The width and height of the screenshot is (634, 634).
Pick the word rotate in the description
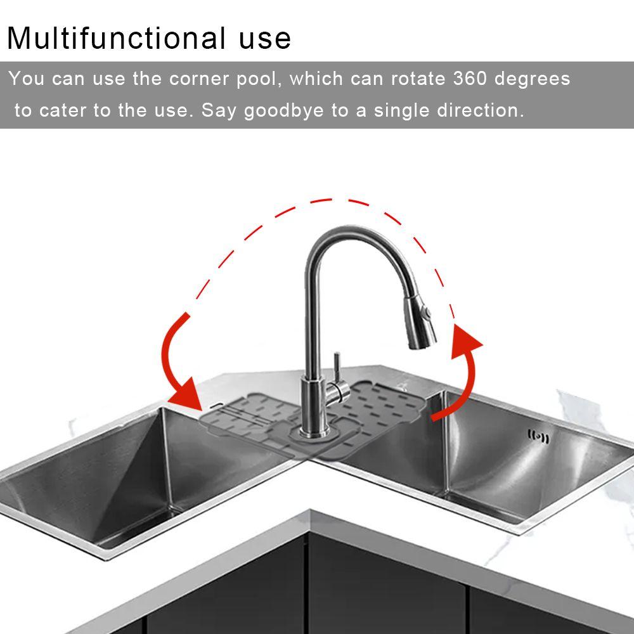tap(418, 79)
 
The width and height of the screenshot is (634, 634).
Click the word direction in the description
tap(480, 110)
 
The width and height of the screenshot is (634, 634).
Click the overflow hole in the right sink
tap(538, 436)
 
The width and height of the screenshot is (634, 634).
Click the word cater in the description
tap(63, 111)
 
